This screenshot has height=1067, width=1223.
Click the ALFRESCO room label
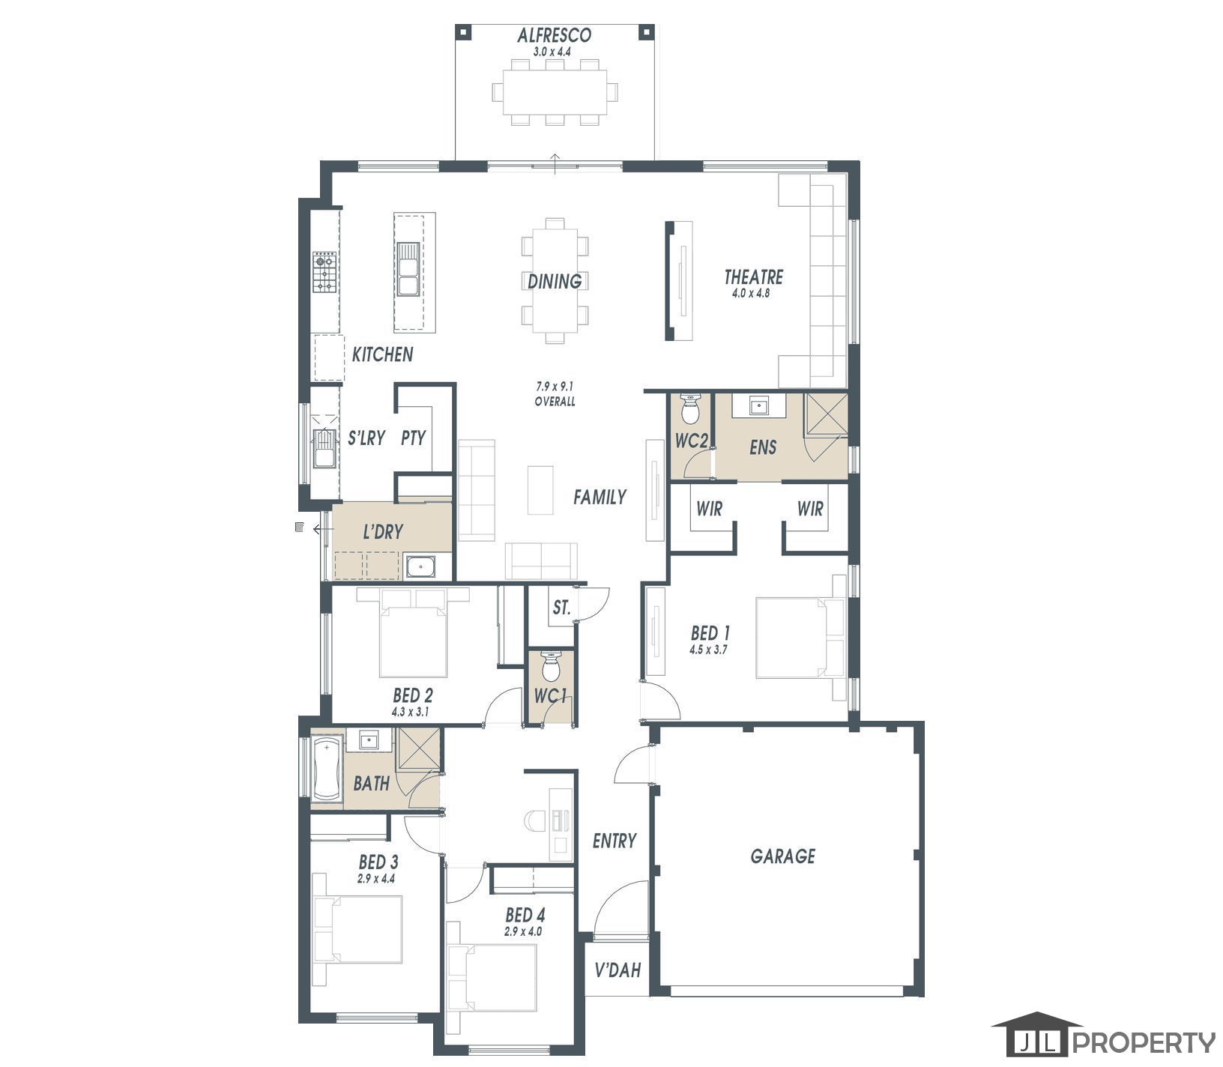tap(555, 35)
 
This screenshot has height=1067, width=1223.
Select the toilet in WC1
tap(551, 665)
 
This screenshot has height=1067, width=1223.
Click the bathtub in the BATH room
tap(327, 769)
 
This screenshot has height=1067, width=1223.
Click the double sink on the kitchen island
tap(408, 269)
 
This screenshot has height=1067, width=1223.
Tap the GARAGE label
tap(782, 856)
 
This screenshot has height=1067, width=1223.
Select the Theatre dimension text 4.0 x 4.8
tap(752, 294)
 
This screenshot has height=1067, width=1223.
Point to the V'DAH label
tap(617, 971)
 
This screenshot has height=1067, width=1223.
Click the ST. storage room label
tap(561, 608)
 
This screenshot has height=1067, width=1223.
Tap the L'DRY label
tap(382, 532)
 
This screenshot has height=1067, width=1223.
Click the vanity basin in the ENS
tap(760, 406)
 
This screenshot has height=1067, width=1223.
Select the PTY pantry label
tap(413, 438)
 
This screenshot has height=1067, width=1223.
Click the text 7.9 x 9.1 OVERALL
tap(555, 394)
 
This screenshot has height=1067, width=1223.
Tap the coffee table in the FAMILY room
tap(540, 490)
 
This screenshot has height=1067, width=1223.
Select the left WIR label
tap(708, 510)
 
